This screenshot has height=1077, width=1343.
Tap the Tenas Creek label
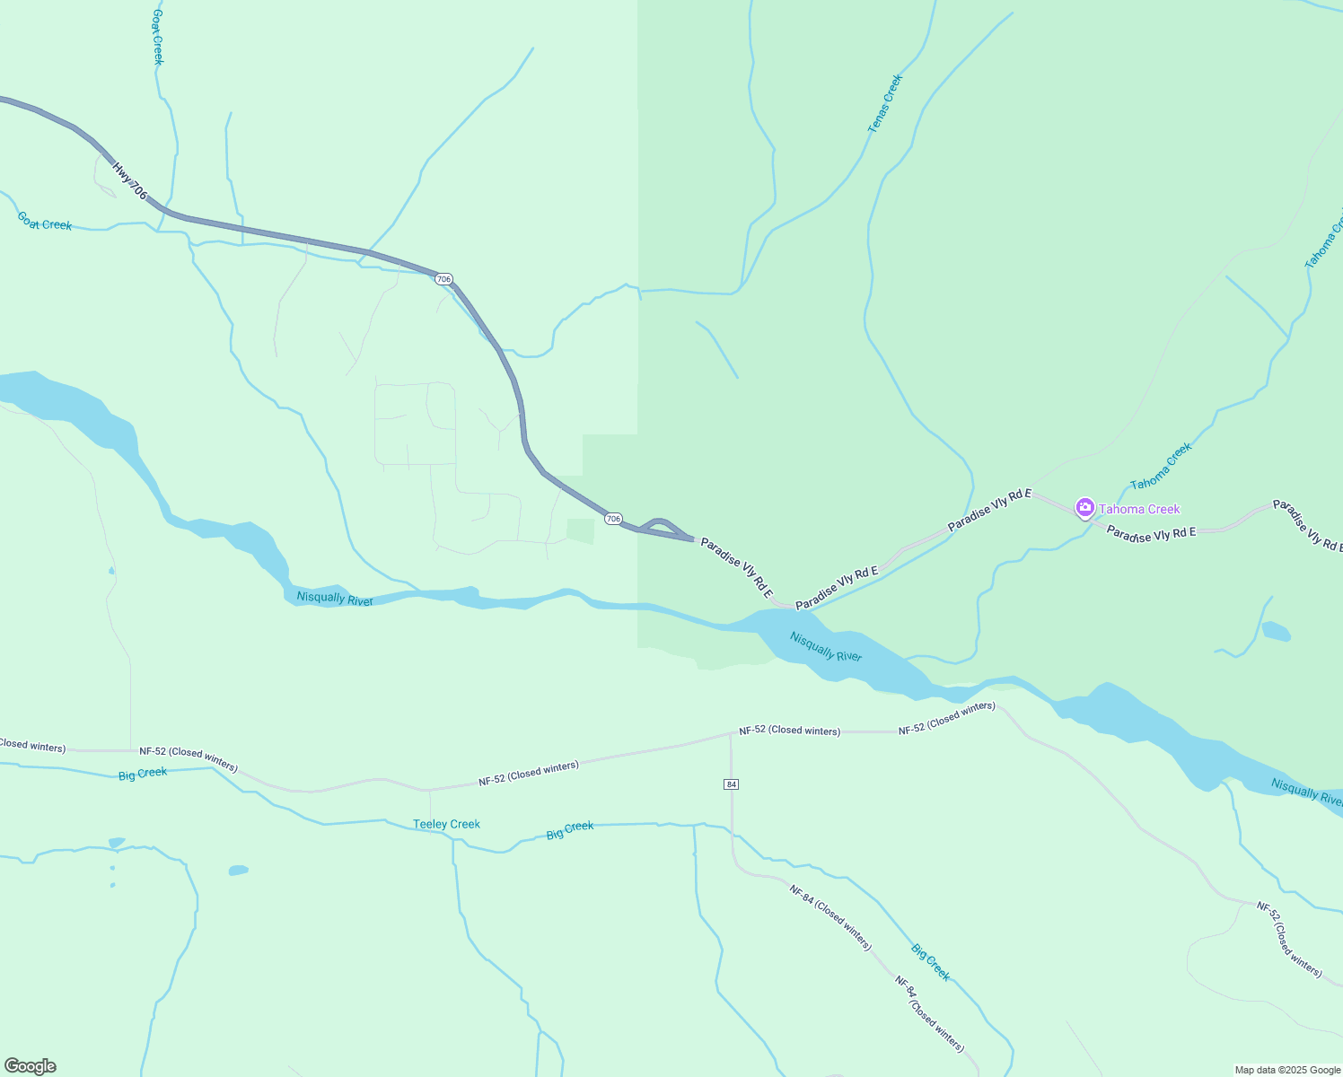[885, 104]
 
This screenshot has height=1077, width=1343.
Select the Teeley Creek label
[446, 824]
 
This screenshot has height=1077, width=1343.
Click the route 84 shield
[732, 784]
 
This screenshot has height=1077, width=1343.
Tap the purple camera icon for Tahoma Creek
[1084, 509]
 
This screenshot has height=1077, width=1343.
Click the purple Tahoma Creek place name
[1139, 509]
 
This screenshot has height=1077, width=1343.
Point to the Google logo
[30, 1066]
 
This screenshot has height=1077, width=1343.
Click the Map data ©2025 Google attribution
[1287, 1070]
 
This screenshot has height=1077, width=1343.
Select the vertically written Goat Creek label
[158, 36]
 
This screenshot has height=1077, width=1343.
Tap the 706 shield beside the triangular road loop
[613, 519]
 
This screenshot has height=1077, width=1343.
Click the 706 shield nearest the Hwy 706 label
[443, 279]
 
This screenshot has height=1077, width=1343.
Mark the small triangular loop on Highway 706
[663, 528]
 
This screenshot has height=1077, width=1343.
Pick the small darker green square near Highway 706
[581, 530]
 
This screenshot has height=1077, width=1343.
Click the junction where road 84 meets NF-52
[732, 733]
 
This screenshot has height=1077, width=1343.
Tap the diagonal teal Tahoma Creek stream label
[1161, 466]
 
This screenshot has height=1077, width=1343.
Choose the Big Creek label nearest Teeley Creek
[570, 829]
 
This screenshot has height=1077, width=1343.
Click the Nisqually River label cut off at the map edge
[1307, 792]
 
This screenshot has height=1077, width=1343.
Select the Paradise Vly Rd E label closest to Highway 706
[736, 567]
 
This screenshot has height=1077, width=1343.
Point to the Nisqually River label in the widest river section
[826, 646]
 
